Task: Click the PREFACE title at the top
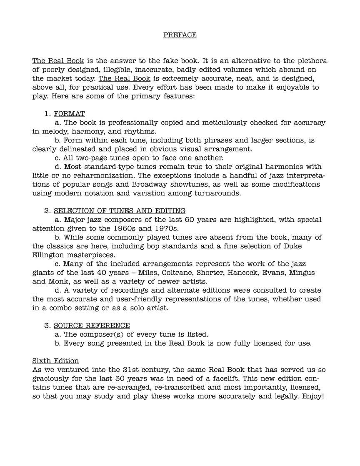coord(180,35)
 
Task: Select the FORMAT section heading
coord(69,113)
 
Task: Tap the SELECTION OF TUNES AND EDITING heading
coord(120,210)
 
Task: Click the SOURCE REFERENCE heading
coord(92,325)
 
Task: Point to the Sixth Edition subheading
coord(55,361)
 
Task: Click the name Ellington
coord(49,255)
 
